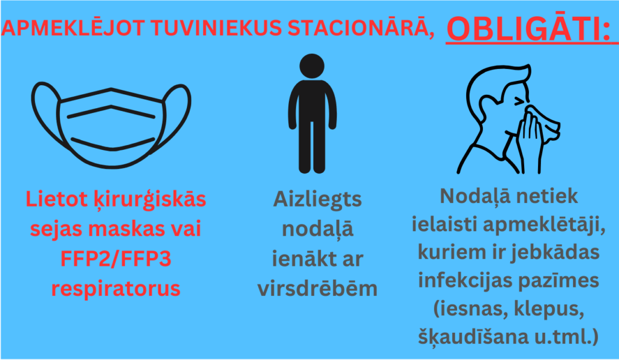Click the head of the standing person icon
[312, 66]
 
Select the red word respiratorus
[115, 288]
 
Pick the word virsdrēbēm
[317, 288]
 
